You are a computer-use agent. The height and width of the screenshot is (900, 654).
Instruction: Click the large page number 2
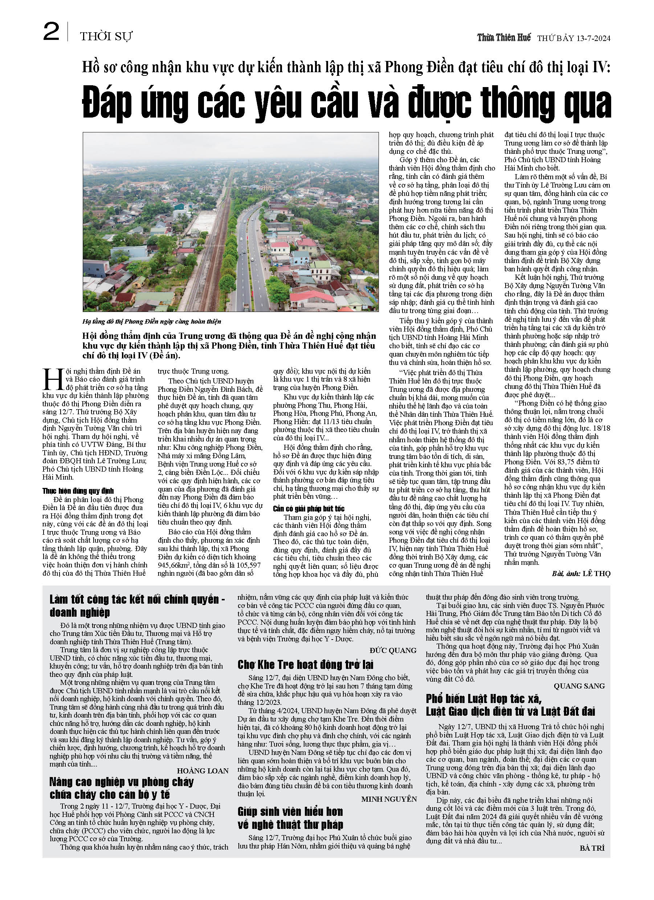pos(51,32)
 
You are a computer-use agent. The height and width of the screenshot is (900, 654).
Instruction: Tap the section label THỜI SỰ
pos(106,37)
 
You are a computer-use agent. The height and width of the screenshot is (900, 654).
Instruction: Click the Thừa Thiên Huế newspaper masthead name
pos(503,38)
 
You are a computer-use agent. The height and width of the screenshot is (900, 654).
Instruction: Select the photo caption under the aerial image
pos(152,321)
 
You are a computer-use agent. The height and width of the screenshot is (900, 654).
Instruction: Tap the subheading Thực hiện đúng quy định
pos(78,491)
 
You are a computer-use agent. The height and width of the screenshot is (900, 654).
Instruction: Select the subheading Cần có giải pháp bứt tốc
pos(308,509)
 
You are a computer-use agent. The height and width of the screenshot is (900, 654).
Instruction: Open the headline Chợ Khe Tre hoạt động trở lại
pos(305,665)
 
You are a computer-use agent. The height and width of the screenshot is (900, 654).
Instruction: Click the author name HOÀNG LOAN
pos(203,771)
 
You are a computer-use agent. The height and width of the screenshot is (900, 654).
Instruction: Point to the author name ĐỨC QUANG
pos(393,650)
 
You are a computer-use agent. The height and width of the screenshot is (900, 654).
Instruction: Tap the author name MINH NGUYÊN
pos(389,799)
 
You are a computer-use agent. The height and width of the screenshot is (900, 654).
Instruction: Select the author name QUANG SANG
pos(579,686)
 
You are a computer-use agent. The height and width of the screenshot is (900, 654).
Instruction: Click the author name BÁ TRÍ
pos(592,848)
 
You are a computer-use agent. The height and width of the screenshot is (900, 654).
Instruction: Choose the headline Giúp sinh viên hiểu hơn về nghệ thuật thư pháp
pos(290,819)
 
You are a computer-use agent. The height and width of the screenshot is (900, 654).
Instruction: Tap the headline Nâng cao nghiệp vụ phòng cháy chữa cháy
pos(121,788)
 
